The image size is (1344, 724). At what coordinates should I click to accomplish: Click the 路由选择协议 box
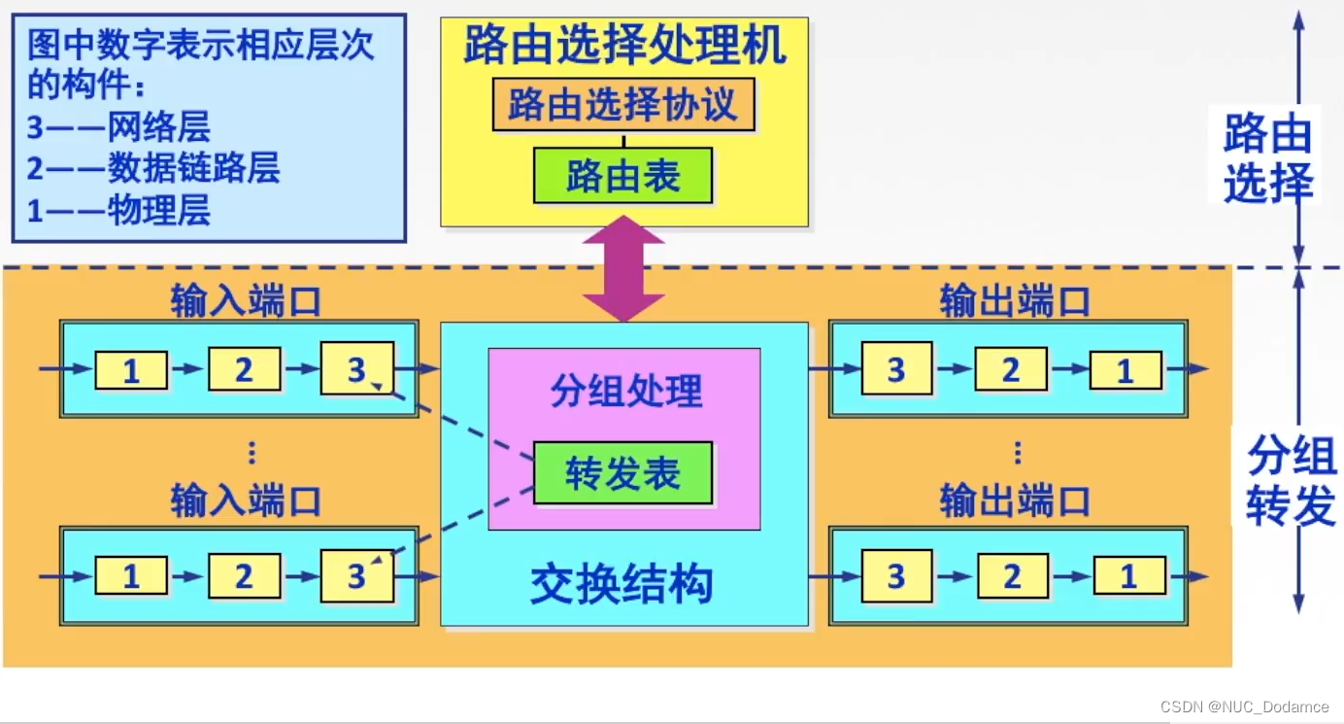pyautogui.click(x=622, y=104)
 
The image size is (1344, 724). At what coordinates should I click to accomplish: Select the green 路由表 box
pyautogui.click(x=622, y=176)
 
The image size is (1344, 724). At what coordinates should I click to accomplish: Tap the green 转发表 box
pyautogui.click(x=622, y=473)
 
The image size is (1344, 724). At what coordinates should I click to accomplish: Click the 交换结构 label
pyautogui.click(x=622, y=583)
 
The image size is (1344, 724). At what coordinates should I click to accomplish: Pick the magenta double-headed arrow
pyautogui.click(x=623, y=268)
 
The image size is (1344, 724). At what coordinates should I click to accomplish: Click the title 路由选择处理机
pyautogui.click(x=624, y=45)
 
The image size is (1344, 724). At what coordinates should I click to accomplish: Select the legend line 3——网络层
pyautogui.click(x=118, y=127)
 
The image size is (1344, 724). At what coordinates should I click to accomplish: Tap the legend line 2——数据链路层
pyautogui.click(x=153, y=168)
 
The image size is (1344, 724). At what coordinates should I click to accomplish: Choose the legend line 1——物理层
pyautogui.click(x=118, y=210)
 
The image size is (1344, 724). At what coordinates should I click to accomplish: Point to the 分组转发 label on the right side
pyautogui.click(x=1291, y=479)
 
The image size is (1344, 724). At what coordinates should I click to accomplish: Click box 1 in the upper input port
pyautogui.click(x=131, y=370)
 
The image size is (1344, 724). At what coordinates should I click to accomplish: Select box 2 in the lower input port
pyautogui.click(x=244, y=576)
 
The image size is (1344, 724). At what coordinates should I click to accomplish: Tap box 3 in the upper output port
pyautogui.click(x=895, y=368)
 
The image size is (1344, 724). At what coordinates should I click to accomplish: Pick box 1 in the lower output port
pyautogui.click(x=1128, y=577)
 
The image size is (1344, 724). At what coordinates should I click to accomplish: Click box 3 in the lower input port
pyautogui.click(x=356, y=576)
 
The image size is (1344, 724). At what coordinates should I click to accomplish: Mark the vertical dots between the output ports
pyautogui.click(x=1017, y=453)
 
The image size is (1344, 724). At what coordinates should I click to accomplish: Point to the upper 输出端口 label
pyautogui.click(x=1015, y=301)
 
